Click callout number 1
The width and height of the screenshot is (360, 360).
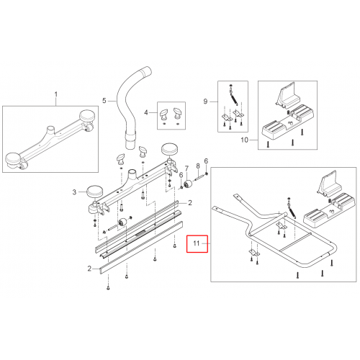click(56, 94)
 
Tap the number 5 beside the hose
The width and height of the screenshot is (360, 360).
click(104, 101)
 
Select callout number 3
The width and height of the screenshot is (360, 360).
click(74, 192)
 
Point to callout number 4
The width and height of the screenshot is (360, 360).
click(146, 112)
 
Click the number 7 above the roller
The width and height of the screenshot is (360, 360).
click(186, 168)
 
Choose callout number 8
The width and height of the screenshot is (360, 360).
click(198, 166)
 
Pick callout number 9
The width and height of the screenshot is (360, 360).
click(205, 102)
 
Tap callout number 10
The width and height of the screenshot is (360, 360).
click(244, 140)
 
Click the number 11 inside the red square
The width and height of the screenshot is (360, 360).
click(197, 243)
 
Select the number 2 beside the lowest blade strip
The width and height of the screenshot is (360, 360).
click(89, 269)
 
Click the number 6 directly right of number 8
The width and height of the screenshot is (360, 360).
click(206, 161)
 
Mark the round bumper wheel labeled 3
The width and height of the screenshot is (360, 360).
click(94, 192)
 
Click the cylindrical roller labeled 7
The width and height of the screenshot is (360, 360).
click(188, 184)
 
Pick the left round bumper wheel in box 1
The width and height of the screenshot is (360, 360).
click(14, 160)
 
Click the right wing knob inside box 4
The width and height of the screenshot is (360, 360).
click(178, 113)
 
